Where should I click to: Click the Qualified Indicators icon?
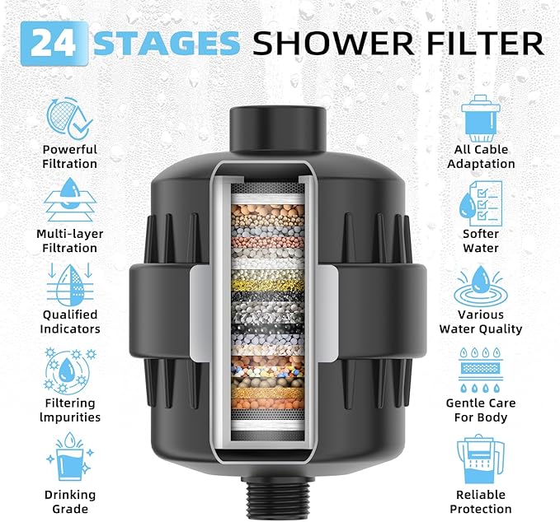click(70, 283)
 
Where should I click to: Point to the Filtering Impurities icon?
click(70, 370)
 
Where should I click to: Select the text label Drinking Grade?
click(70, 501)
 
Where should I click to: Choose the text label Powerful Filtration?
click(70, 156)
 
